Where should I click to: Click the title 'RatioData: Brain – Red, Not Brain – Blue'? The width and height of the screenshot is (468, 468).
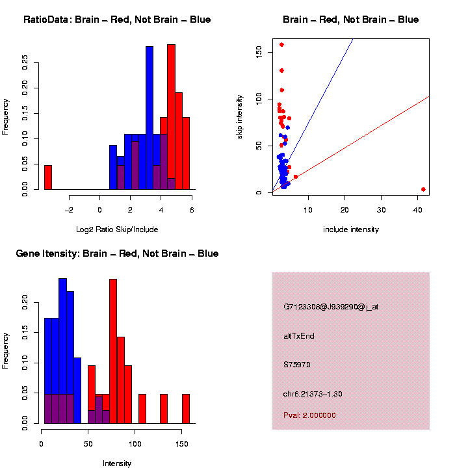click(117, 20)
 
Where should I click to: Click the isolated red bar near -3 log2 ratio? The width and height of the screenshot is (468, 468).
click(48, 177)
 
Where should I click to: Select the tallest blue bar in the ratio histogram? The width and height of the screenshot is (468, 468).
click(149, 117)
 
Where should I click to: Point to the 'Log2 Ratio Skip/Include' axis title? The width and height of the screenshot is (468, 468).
click(117, 229)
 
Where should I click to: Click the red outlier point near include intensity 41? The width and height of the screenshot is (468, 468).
click(423, 189)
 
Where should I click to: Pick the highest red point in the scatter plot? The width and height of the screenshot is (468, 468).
click(281, 45)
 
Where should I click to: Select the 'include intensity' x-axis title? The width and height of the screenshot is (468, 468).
click(351, 229)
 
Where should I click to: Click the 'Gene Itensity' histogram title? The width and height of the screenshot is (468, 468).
click(117, 253)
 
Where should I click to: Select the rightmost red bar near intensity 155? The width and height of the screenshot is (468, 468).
click(186, 408)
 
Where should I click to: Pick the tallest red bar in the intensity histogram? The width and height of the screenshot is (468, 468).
click(113, 351)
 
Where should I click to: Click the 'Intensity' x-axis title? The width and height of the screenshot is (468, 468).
click(117, 463)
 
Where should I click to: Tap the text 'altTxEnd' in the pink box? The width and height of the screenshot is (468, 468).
click(299, 336)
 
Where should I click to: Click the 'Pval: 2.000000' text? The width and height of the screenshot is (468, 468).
click(309, 415)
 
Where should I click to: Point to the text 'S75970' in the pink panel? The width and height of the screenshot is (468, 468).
click(297, 365)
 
